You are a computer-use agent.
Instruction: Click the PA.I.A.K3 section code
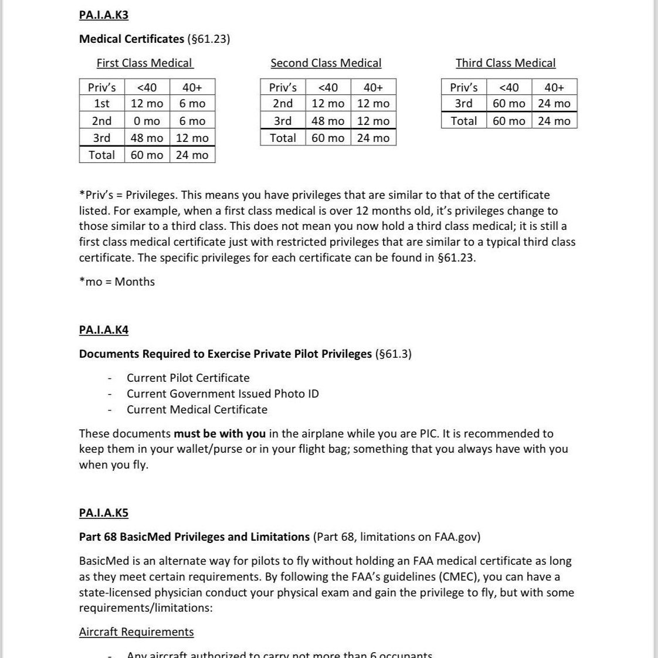point(103,15)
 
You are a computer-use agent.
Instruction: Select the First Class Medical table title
point(144,63)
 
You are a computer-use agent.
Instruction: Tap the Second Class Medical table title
point(325,63)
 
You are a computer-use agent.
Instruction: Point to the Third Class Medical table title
point(506,63)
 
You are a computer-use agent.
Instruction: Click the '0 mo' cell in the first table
point(147,121)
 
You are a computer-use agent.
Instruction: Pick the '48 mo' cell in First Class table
point(147,138)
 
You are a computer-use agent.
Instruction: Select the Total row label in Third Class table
point(463,121)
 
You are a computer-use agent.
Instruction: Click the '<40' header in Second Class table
point(328,87)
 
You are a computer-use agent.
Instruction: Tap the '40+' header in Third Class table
point(554,87)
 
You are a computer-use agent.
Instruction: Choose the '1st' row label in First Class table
point(101,103)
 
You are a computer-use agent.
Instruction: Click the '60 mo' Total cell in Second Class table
point(328,138)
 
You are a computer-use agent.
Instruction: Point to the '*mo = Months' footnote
point(117,281)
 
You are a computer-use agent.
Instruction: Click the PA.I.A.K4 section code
point(103,330)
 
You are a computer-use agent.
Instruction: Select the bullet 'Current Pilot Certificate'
point(188,378)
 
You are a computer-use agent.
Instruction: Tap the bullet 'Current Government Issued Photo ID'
point(223,394)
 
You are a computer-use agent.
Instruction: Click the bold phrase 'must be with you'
point(219,433)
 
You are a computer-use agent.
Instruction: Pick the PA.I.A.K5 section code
point(103,513)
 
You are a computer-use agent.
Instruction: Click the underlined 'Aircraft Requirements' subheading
point(136,632)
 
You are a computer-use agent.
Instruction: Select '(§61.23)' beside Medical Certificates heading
point(208,39)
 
